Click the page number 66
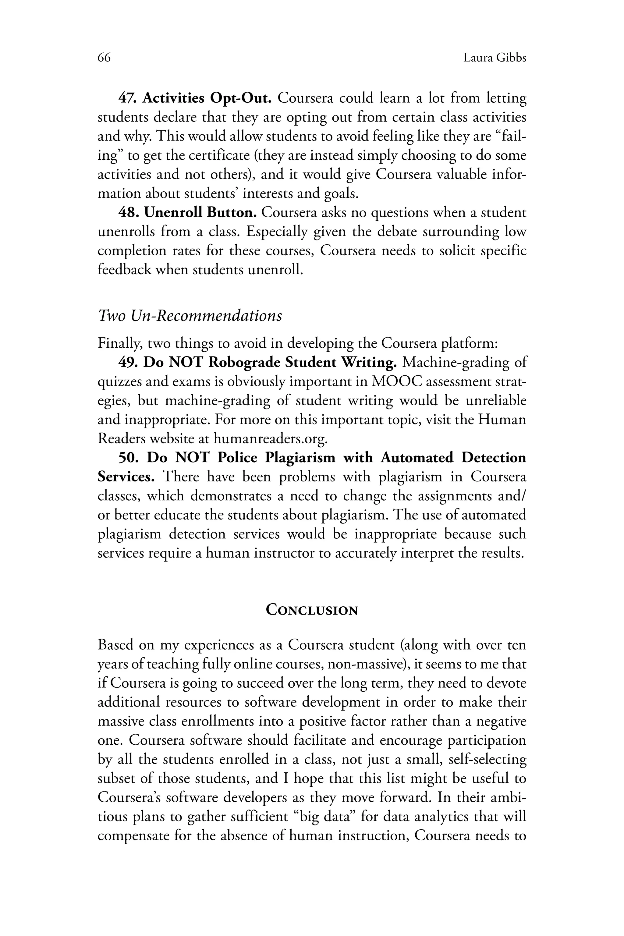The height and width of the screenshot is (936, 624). tap(104, 58)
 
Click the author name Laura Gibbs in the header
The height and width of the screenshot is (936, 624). tap(495, 58)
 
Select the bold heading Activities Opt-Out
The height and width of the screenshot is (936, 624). tap(207, 98)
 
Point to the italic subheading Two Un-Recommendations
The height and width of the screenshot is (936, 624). tap(190, 316)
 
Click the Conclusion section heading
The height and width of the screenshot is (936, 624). tap(312, 610)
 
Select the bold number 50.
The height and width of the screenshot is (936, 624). tap(128, 458)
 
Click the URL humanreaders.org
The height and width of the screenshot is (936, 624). tap(271, 438)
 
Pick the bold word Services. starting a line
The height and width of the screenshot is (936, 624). tap(126, 477)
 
